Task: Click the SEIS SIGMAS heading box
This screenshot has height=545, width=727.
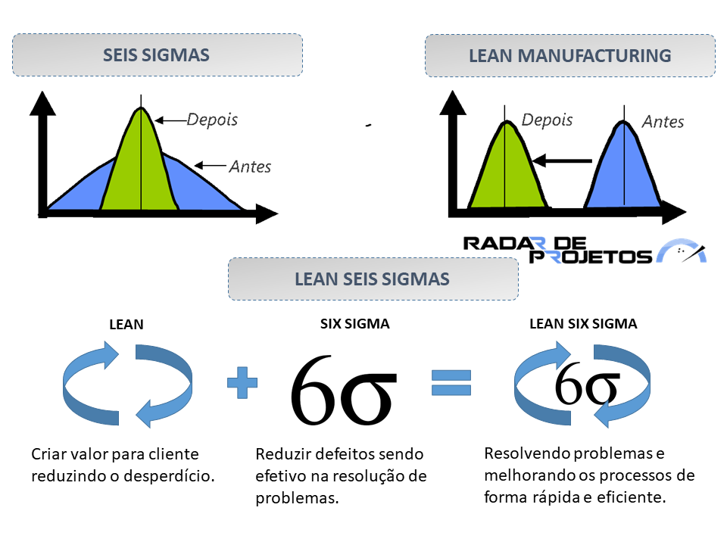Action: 157,54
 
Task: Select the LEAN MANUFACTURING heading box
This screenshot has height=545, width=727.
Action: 569,55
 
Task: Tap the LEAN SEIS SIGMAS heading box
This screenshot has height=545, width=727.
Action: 373,279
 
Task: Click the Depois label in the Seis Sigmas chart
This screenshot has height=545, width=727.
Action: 212,120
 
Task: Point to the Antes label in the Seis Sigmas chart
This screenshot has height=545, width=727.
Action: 250,166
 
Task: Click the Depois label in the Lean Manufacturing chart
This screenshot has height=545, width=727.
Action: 547,120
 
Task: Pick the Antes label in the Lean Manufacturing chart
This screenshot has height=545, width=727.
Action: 663,122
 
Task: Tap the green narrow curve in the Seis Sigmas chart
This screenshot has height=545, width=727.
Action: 141,167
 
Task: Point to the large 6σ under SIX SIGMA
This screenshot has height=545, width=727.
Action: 343,388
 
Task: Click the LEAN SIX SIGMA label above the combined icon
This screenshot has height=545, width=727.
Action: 583,323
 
